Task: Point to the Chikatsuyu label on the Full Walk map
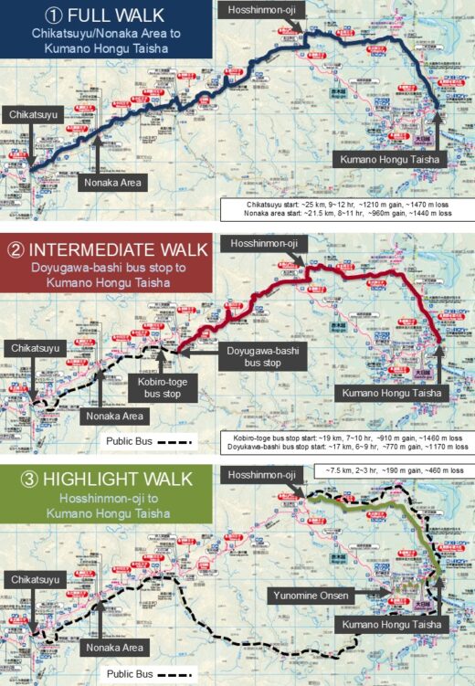click(x=34, y=115)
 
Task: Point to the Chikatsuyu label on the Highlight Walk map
click(x=34, y=579)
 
